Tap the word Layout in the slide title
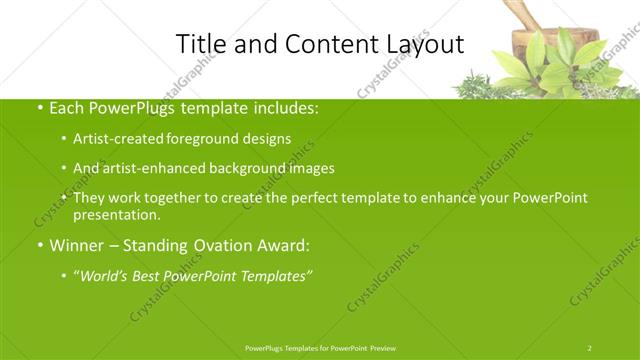425,44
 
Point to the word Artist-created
117,138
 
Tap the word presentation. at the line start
117,214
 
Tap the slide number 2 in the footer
589,347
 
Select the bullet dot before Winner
39,245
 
